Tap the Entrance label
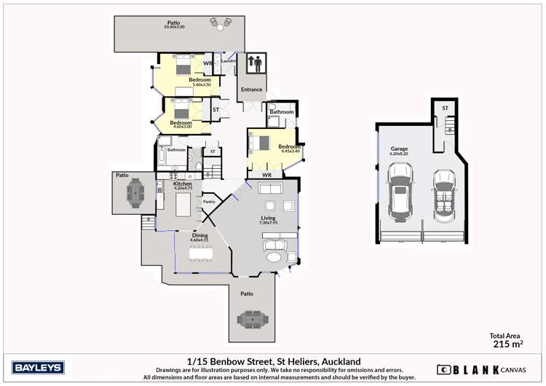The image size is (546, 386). tap(252, 90)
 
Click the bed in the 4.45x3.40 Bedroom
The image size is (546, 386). tap(263, 143)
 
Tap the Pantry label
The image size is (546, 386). tap(209, 202)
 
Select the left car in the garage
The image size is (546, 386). tap(400, 192)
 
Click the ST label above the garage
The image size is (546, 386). tap(445, 109)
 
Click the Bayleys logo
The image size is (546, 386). tap(38, 367)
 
